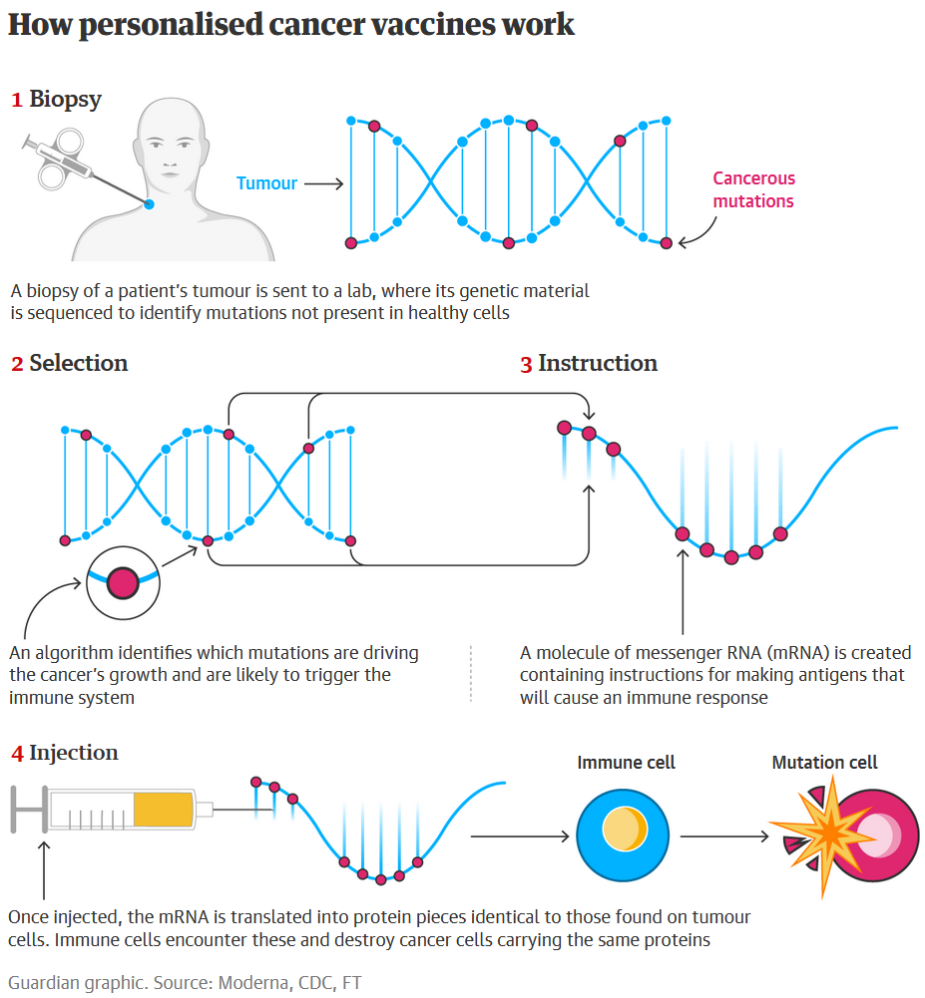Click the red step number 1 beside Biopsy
pos(16,100)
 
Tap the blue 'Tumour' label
pos(266,183)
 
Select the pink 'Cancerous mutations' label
pos(753,189)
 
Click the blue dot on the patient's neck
pos(149,204)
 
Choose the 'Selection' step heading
pos(78,363)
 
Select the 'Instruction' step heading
pos(597,363)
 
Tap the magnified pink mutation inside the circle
pos(123,581)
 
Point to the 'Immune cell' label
pos(626,763)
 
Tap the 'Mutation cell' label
pos(824,763)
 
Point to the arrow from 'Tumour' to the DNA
pos(323,183)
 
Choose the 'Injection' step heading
pos(73,753)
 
